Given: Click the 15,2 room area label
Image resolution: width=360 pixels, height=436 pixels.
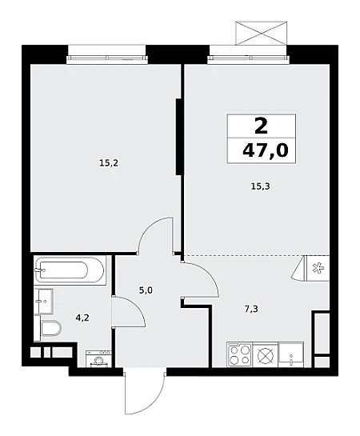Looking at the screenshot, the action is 109,163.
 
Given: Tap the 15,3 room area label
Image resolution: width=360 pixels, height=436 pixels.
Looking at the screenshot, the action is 261,186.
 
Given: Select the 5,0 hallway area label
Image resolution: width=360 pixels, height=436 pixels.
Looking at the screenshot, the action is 146,291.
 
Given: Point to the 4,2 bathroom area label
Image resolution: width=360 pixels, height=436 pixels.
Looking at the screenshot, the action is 82,318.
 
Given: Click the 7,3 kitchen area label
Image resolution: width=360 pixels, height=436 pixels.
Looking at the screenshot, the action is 251,309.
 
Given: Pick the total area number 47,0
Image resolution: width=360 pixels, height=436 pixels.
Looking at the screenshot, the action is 266,151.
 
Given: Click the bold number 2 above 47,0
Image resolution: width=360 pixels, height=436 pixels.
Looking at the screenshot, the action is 261,126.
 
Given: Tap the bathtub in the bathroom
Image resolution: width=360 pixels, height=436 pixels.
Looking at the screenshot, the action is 70,270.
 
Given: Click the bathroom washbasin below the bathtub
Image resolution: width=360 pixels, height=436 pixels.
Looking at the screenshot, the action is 43,301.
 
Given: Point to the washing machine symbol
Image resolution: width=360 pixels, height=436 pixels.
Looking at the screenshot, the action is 98,358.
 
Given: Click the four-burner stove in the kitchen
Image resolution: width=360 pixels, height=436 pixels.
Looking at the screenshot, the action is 239,355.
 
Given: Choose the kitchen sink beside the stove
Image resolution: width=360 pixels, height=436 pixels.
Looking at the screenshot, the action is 290,355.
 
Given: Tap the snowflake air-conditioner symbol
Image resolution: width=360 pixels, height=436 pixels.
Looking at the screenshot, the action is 317,268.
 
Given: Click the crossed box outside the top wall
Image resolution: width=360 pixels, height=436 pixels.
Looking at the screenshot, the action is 261,33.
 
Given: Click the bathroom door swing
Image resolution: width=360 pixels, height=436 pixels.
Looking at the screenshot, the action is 129,310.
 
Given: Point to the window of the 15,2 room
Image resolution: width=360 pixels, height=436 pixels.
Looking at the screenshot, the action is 107,58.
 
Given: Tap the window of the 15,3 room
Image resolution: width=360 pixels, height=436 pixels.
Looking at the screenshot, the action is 249,58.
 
